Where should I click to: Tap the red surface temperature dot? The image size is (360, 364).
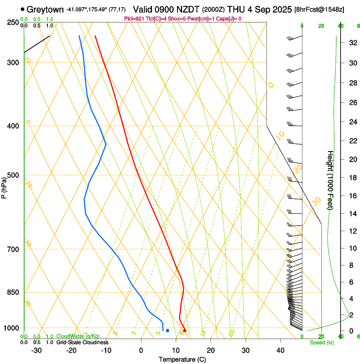tap(184, 331)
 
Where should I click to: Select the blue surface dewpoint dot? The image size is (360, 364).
tap(168, 331)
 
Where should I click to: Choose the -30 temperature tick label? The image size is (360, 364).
tap(36, 350)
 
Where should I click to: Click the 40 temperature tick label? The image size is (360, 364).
tap(280, 350)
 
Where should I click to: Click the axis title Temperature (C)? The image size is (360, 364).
tap(182, 360)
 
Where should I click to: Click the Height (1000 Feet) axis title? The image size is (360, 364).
tap(330, 180)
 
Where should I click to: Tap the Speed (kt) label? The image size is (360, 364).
tap(322, 342)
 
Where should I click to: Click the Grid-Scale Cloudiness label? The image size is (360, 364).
tap(82, 342)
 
